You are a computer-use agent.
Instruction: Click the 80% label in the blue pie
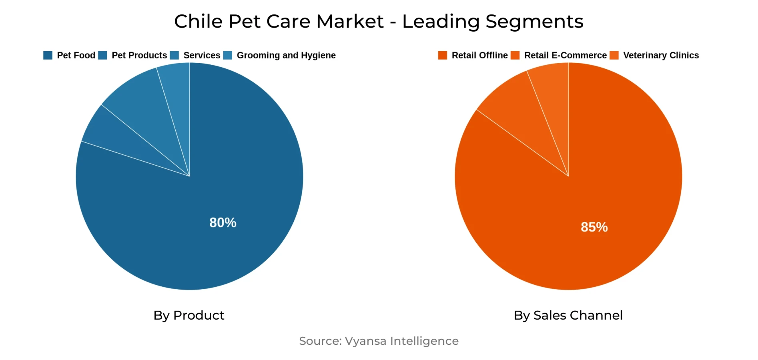point(223,222)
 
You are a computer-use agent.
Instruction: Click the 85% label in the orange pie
point(594,227)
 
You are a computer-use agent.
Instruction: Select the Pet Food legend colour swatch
point(48,55)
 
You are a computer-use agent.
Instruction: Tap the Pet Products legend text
point(139,55)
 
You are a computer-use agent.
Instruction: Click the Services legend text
point(202,55)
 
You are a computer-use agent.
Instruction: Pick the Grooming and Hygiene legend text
point(286,55)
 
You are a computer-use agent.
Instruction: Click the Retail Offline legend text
point(479,55)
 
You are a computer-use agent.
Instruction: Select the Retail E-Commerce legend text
point(565,55)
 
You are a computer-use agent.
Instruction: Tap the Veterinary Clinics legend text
point(661,55)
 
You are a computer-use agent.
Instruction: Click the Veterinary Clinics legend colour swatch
point(614,55)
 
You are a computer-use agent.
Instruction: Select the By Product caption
point(189,315)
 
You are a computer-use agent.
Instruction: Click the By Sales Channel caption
point(568,315)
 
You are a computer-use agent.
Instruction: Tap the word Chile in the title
point(198,21)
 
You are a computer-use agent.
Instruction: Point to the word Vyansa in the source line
point(365,341)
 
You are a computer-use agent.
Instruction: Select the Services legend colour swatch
point(174,55)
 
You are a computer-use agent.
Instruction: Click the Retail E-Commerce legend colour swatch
point(515,55)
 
